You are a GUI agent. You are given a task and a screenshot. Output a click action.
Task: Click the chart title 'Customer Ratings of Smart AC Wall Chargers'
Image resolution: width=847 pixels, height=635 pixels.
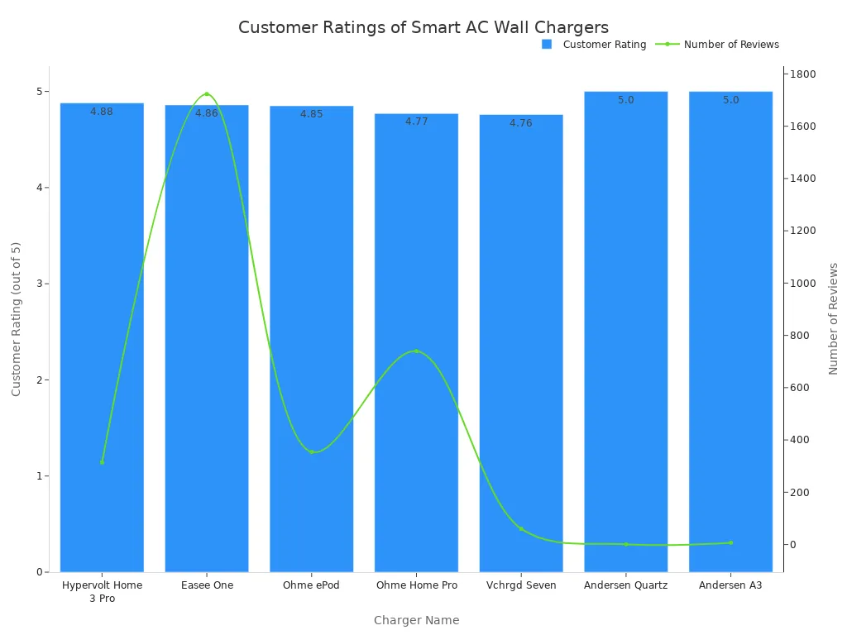(x=423, y=27)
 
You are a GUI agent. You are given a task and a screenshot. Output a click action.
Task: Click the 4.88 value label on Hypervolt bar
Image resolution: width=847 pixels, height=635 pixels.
(x=102, y=112)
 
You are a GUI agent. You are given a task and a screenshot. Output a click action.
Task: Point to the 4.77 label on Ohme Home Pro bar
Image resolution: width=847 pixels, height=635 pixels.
(x=416, y=122)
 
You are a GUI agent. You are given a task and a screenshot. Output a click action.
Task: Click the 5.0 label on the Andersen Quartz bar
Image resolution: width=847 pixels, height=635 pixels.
(x=625, y=100)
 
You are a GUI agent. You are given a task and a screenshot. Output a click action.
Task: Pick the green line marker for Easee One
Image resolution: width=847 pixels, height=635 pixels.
(x=207, y=94)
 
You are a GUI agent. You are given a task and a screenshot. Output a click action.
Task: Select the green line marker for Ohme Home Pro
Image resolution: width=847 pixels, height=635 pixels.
(x=416, y=351)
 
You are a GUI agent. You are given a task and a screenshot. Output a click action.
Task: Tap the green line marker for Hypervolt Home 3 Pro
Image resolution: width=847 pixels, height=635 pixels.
(x=102, y=462)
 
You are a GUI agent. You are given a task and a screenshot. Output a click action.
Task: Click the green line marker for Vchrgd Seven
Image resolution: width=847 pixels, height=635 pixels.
(x=521, y=528)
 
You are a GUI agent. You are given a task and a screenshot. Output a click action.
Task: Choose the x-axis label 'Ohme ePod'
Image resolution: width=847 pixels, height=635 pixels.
(x=311, y=585)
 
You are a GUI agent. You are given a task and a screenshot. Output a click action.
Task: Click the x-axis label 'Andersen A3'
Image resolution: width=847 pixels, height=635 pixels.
(x=730, y=585)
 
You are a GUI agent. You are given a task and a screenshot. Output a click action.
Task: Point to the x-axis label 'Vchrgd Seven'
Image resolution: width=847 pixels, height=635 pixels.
(x=521, y=585)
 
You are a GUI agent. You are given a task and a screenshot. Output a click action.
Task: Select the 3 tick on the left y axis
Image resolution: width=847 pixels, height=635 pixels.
(x=37, y=284)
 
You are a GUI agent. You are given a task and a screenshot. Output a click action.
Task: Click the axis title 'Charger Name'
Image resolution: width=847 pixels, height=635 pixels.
(x=416, y=620)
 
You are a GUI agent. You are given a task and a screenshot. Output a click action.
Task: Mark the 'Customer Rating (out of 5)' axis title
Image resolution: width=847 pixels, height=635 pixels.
(x=16, y=318)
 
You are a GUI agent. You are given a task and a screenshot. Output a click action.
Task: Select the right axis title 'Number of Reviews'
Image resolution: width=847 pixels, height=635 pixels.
(x=833, y=318)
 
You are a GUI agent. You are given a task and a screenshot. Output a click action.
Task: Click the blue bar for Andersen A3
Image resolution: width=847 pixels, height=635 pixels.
(x=730, y=331)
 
